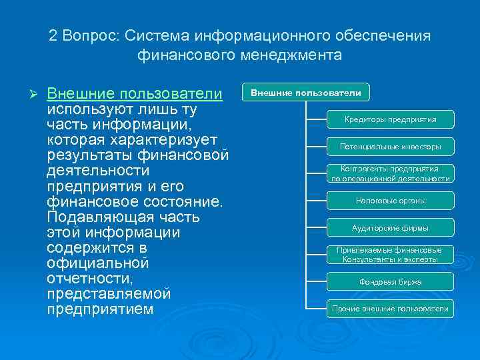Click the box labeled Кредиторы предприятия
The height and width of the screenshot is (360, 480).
[390, 119]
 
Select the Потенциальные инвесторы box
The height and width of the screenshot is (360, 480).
[390, 146]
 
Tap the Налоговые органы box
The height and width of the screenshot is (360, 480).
[390, 200]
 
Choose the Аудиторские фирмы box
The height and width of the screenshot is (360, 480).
[390, 227]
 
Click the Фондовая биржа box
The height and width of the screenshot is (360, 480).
[390, 281]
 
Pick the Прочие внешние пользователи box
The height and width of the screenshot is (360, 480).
[390, 309]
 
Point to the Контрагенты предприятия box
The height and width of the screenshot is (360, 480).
[390, 173]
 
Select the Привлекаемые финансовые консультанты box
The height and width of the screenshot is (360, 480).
[390, 254]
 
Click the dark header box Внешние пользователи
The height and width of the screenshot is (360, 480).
[306, 93]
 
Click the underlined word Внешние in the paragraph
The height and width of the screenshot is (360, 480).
[79, 93]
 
